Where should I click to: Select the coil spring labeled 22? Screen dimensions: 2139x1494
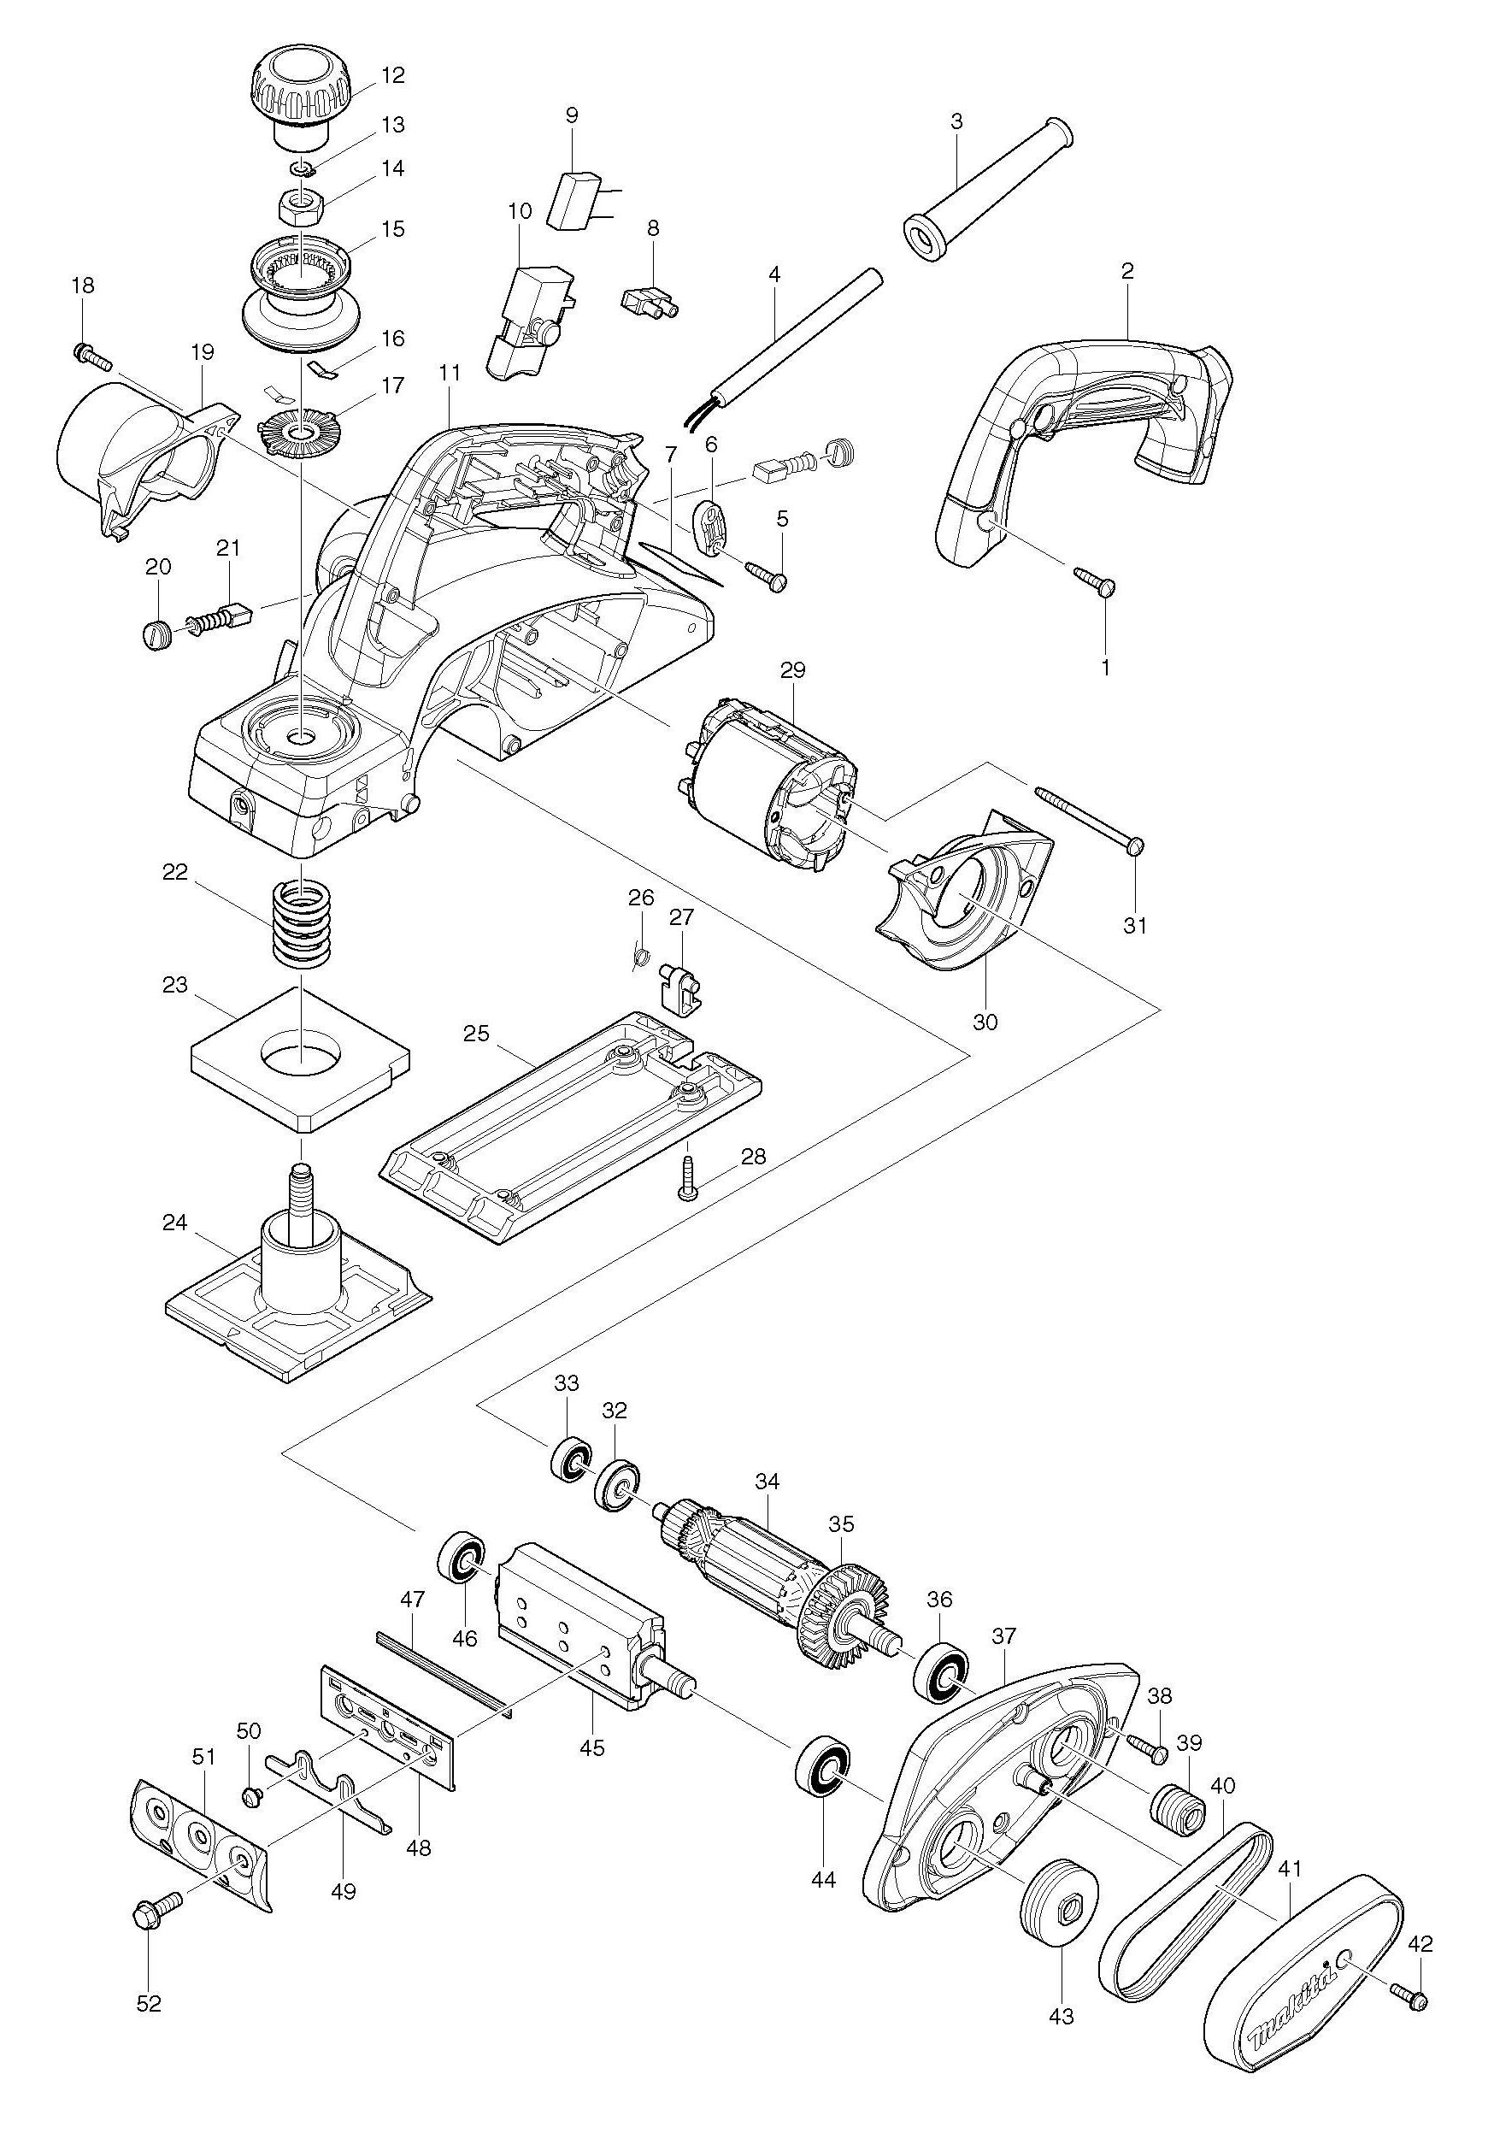(x=300, y=924)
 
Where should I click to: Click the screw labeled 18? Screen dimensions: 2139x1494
(x=91, y=354)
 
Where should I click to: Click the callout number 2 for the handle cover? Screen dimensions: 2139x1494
(x=1127, y=271)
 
